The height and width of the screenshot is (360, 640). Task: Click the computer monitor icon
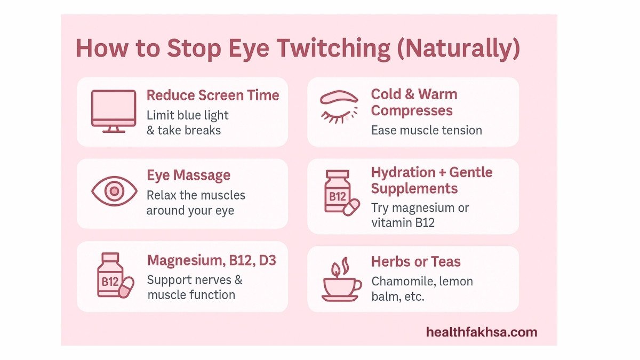pos(113,111)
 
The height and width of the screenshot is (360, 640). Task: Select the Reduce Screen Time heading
pos(213,95)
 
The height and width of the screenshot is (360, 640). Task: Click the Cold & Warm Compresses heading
pos(414,102)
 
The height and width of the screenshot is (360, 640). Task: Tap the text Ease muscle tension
pos(426,130)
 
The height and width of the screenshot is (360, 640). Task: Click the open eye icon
pos(114,191)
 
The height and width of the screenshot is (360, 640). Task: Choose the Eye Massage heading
pos(188,175)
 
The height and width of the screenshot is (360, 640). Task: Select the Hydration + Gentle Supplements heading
pos(431,180)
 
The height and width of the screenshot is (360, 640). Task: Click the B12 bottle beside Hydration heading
pos(339,193)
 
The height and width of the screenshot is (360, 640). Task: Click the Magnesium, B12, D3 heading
pos(211,261)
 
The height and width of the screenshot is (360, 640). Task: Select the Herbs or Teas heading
pos(415,262)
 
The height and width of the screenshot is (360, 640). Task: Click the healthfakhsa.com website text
pos(481,332)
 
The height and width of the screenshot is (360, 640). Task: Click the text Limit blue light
pos(187,115)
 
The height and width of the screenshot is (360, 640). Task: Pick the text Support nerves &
pos(194,280)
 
